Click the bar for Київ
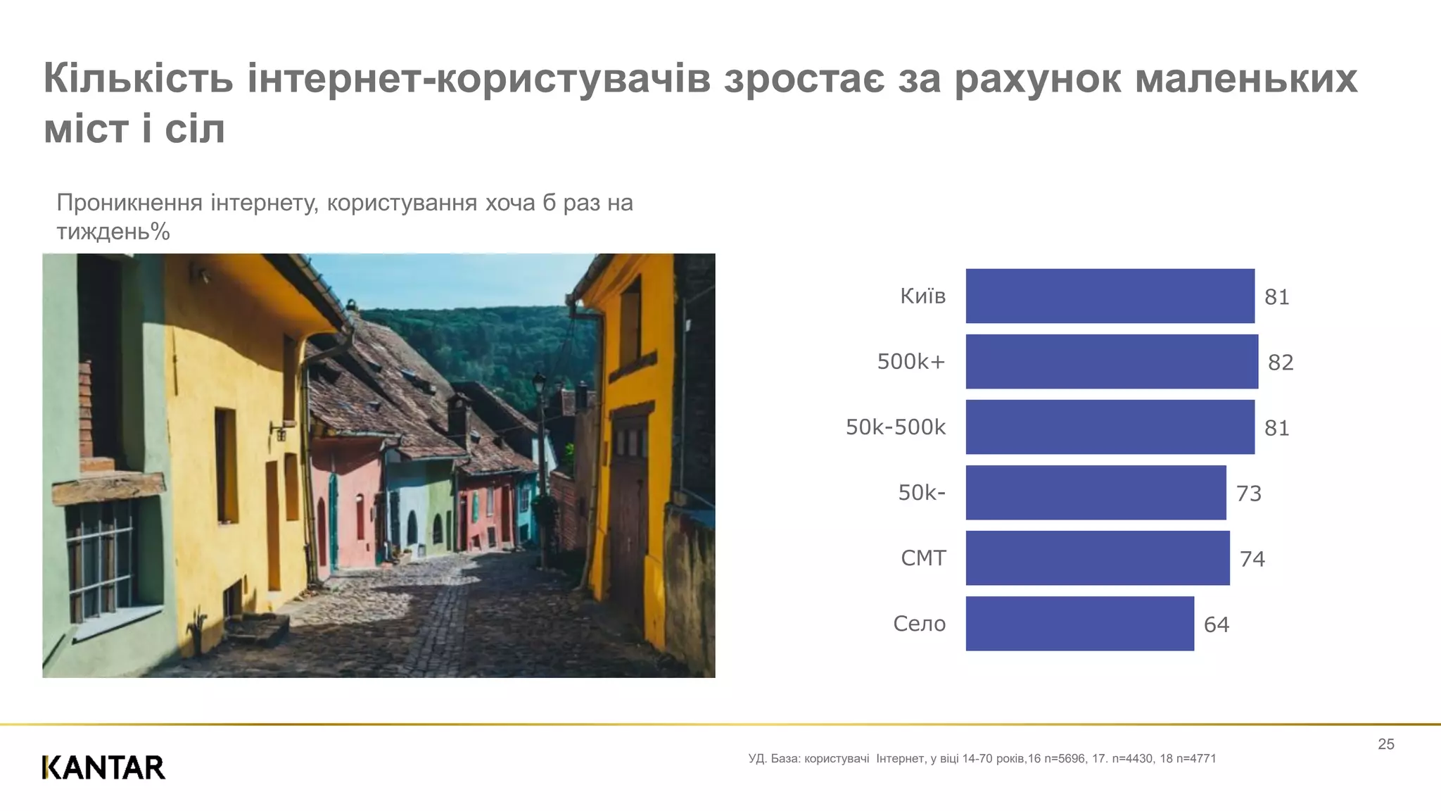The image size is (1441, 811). pyautogui.click(x=1110, y=296)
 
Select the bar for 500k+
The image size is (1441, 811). pyautogui.click(x=1112, y=361)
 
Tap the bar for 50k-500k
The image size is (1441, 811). pyautogui.click(x=1110, y=427)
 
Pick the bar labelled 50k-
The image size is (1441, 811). pyautogui.click(x=1096, y=492)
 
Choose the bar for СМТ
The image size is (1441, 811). pyautogui.click(x=1098, y=558)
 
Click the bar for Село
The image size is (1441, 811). pyautogui.click(x=1079, y=623)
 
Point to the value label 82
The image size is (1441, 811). pyautogui.click(x=1281, y=363)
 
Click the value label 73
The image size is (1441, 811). pyautogui.click(x=1249, y=493)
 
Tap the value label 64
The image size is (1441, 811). pyautogui.click(x=1217, y=624)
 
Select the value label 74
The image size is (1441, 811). pyautogui.click(x=1252, y=559)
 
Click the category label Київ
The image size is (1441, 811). pyautogui.click(x=922, y=296)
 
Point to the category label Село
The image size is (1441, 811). pyautogui.click(x=919, y=624)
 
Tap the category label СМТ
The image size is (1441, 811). pyautogui.click(x=923, y=558)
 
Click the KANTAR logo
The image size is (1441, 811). pyautogui.click(x=103, y=767)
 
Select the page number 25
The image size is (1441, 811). pyautogui.click(x=1385, y=744)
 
